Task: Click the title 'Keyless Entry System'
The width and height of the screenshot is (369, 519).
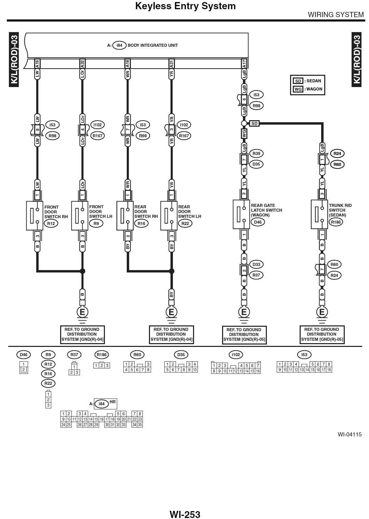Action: (185, 6)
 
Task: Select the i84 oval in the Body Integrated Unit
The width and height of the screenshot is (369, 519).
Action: (119, 45)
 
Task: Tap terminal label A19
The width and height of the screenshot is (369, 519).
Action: (37, 63)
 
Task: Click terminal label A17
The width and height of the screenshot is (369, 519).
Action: (244, 63)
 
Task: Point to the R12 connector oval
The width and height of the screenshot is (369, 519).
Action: (51, 224)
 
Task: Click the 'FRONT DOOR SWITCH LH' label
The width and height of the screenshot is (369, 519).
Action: (100, 212)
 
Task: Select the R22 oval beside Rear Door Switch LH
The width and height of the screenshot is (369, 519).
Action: (185, 223)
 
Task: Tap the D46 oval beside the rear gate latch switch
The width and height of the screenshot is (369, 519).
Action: (258, 222)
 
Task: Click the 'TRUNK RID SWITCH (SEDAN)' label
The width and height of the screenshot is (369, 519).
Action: (340, 210)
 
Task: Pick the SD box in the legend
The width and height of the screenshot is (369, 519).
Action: (298, 81)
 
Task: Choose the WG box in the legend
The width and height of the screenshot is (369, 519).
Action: (298, 89)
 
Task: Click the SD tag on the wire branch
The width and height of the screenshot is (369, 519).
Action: (254, 123)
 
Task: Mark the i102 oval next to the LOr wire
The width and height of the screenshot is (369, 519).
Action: (97, 125)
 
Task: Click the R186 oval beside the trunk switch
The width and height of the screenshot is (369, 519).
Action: (336, 222)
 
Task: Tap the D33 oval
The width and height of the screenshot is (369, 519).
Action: (257, 264)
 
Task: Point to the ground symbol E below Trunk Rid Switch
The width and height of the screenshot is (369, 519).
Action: (322, 312)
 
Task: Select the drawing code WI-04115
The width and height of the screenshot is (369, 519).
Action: (349, 434)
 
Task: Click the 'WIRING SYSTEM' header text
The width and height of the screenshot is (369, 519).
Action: (336, 15)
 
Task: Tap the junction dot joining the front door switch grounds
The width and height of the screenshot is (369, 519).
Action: (82, 271)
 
